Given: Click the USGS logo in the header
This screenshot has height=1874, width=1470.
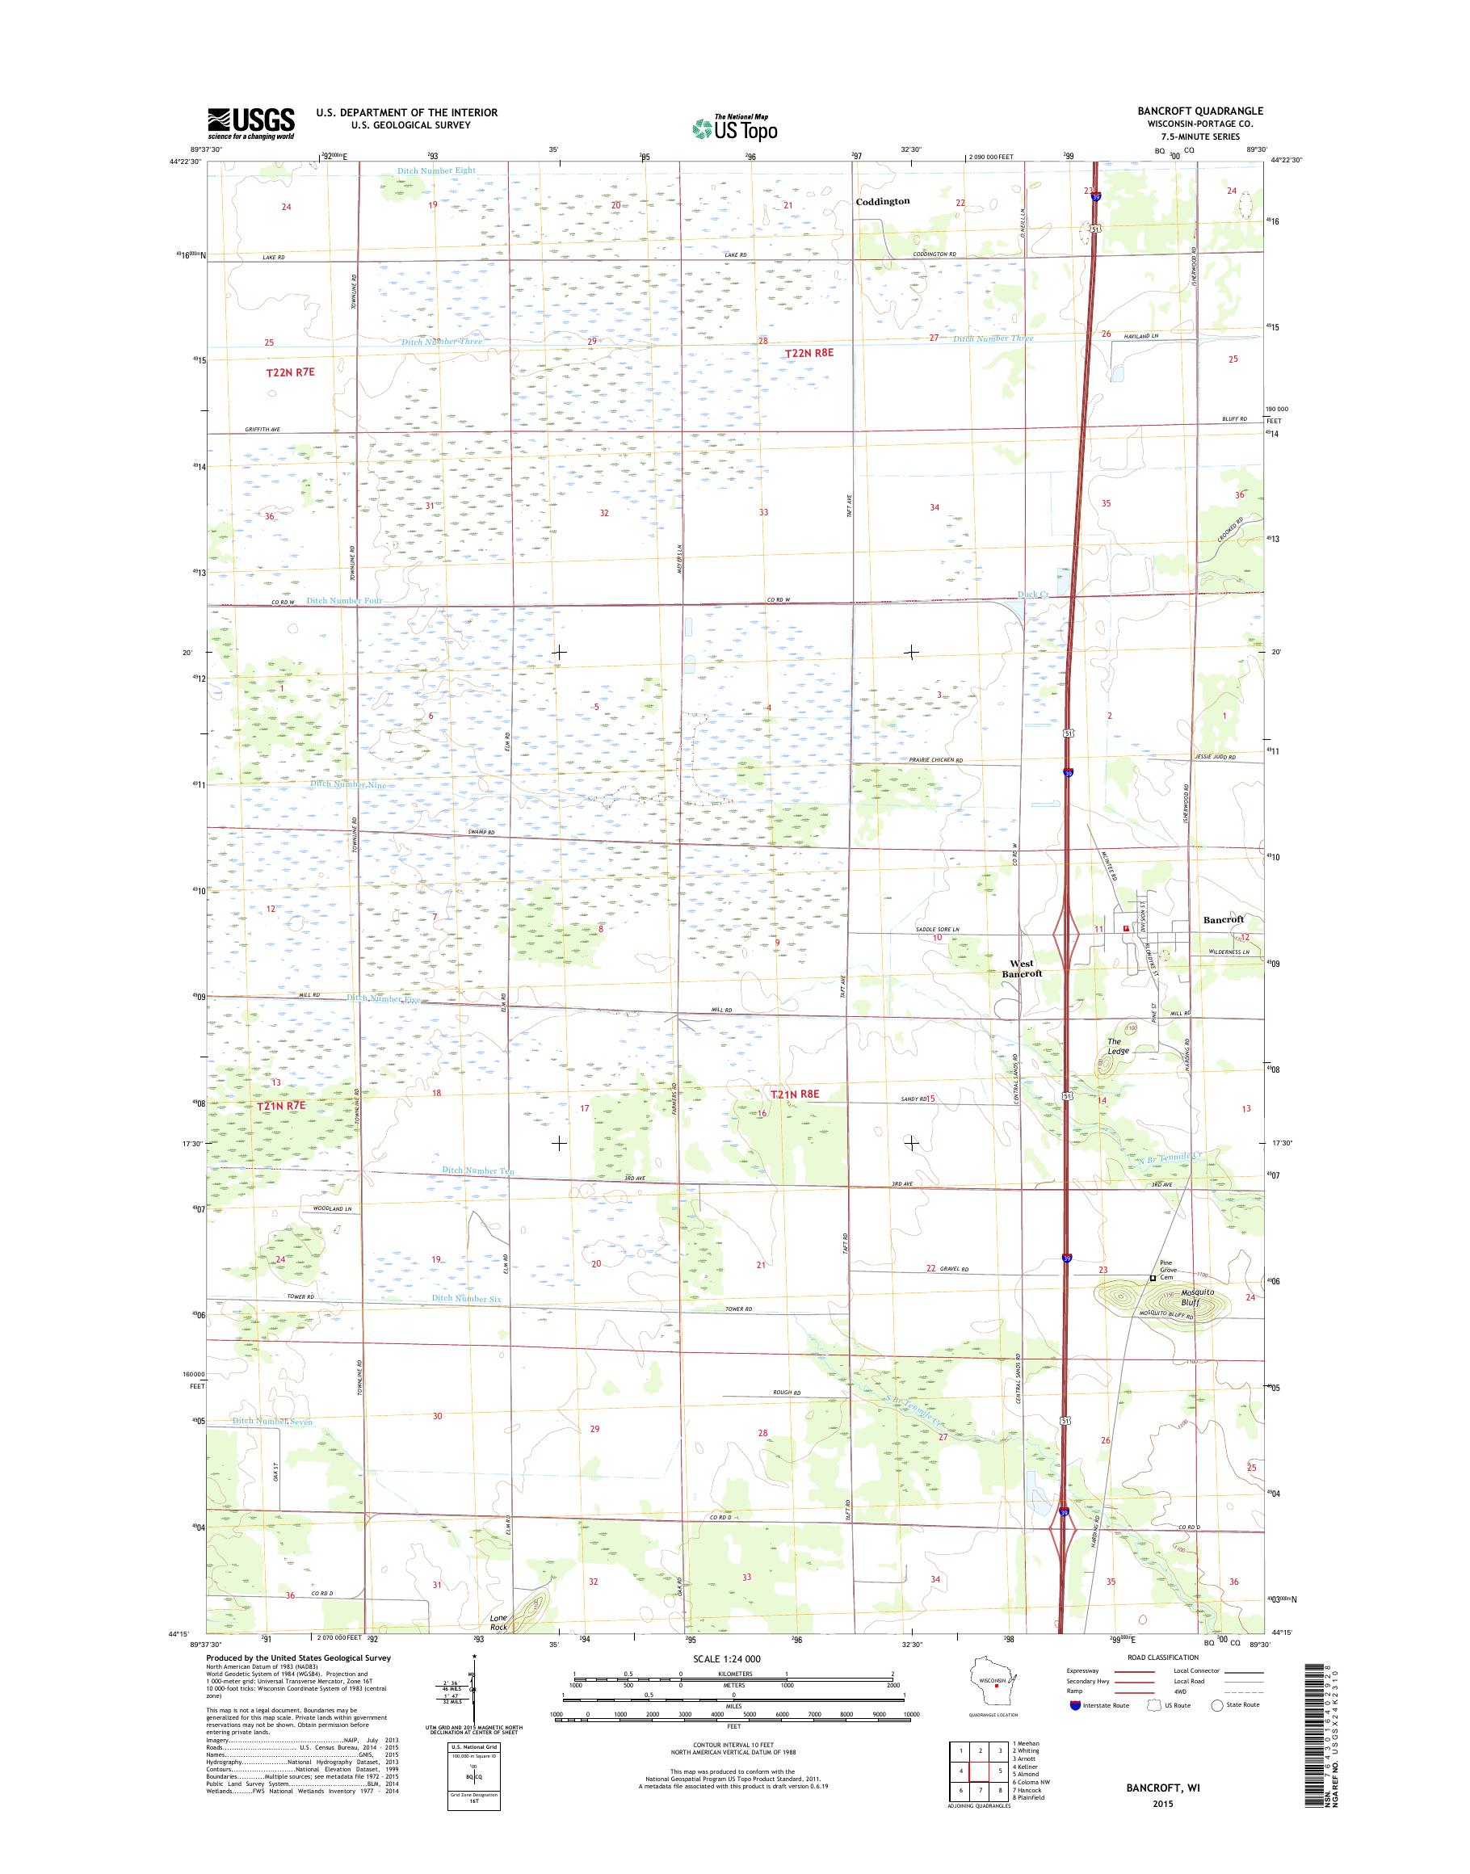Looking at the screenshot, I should (250, 124).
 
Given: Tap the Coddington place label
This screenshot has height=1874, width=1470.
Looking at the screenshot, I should (882, 200).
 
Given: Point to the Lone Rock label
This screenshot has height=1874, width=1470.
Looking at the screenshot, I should (498, 1622).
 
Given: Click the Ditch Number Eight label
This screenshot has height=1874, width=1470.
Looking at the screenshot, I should (436, 170).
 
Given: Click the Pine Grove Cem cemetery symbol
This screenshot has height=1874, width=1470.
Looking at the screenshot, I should (1153, 1277).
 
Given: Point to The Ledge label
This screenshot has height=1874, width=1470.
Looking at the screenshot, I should (1118, 1046).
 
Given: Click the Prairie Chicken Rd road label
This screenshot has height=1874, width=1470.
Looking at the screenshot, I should (935, 761).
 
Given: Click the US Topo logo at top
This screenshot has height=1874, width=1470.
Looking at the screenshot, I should (735, 128).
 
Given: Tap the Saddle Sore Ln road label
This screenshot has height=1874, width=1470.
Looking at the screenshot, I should (935, 930).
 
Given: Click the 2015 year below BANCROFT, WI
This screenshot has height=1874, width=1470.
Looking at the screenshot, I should (1164, 1803).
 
